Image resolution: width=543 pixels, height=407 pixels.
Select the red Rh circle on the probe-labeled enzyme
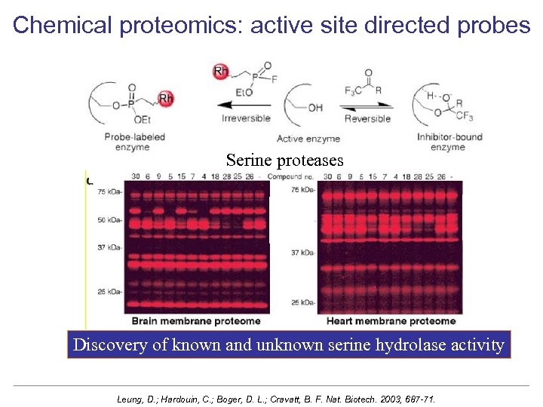[167, 98]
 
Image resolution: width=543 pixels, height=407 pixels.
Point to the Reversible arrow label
[367, 118]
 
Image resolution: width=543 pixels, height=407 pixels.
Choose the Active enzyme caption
[308, 138]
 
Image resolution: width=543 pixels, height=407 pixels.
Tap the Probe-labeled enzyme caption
[136, 142]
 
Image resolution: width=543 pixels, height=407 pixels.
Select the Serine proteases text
[284, 160]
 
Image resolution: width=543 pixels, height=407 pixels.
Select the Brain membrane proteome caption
[196, 321]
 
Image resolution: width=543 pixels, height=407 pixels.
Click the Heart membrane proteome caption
[391, 321]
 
